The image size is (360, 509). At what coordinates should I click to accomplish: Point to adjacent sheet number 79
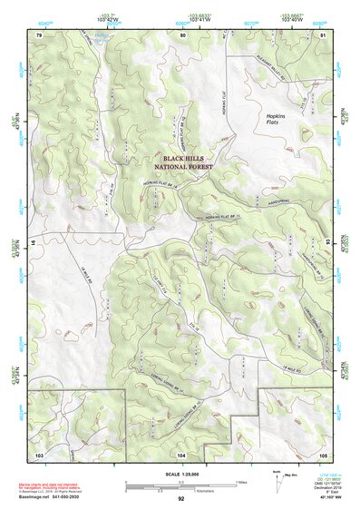tap(39, 34)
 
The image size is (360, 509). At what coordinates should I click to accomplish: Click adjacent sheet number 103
tap(39, 452)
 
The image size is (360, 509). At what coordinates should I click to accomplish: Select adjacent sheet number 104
tap(181, 452)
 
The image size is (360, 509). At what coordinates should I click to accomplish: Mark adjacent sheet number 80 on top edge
tap(182, 34)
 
